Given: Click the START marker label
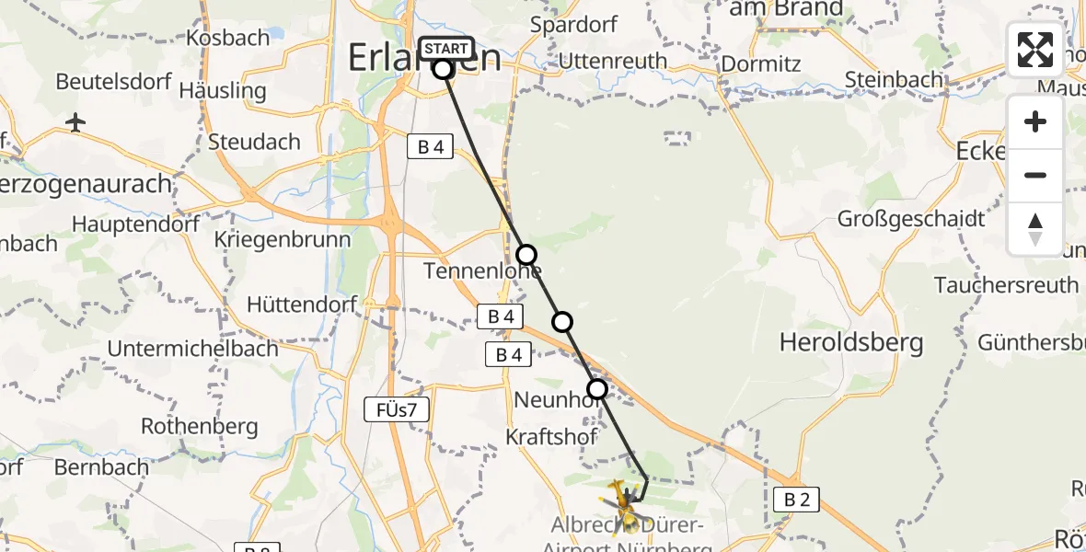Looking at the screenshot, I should tap(446, 48).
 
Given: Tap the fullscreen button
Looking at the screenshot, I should tap(1035, 50).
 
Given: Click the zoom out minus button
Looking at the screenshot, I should tap(1035, 175).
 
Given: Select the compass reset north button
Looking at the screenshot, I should tap(1035, 228).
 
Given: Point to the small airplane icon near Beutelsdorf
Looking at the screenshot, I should tap(76, 122).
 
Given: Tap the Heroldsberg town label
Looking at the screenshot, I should tap(851, 343).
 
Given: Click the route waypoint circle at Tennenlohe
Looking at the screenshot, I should tap(526, 254).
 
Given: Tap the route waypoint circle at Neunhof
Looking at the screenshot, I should tap(597, 389).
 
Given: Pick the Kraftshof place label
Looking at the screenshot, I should tap(552, 436).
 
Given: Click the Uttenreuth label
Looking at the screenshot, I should tap(612, 62).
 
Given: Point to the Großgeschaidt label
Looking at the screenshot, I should tap(911, 219).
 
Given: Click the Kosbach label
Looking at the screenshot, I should tap(227, 38).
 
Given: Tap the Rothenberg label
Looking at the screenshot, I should tap(199, 427).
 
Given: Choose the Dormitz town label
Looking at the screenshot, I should tap(761, 64).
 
